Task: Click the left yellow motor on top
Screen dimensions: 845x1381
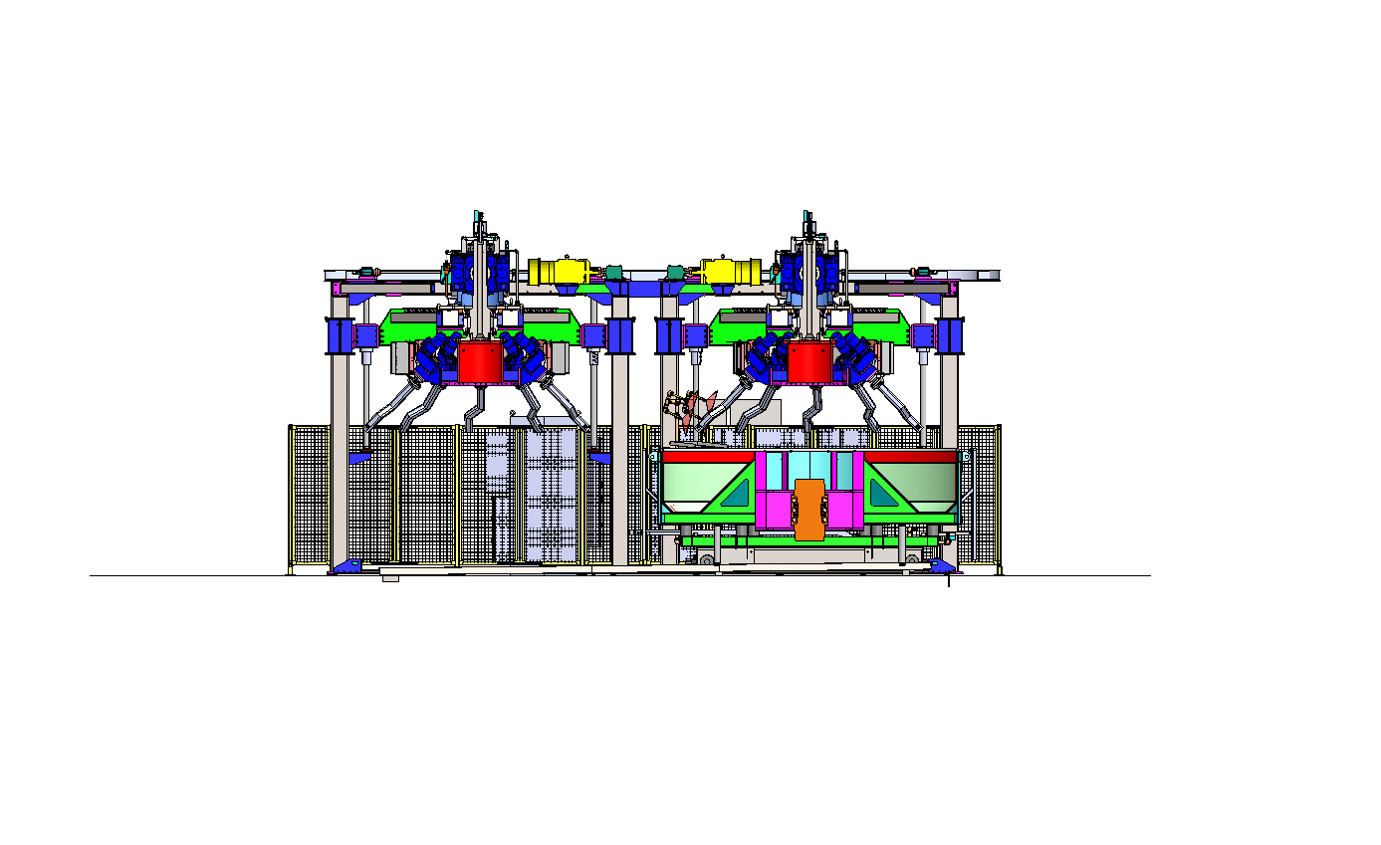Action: pyautogui.click(x=560, y=271)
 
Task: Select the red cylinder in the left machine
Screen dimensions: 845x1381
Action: pyautogui.click(x=480, y=362)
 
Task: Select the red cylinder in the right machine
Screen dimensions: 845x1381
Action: pyautogui.click(x=808, y=362)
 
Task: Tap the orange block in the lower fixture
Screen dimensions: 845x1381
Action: pyautogui.click(x=810, y=509)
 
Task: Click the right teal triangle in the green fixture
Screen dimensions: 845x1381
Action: pyautogui.click(x=884, y=493)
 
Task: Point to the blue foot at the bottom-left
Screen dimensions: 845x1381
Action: pyautogui.click(x=346, y=566)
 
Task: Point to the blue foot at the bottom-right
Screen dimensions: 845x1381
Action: pyautogui.click(x=941, y=566)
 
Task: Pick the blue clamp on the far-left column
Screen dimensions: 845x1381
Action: pyautogui.click(x=340, y=335)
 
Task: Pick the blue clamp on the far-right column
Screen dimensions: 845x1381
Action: pyautogui.click(x=950, y=335)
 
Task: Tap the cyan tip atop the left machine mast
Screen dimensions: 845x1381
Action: pyautogui.click(x=479, y=215)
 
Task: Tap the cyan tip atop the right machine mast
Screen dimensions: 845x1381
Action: pyautogui.click(x=806, y=215)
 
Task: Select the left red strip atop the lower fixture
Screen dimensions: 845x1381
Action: pyautogui.click(x=707, y=456)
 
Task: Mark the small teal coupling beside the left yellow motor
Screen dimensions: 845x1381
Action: pyautogui.click(x=613, y=271)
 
